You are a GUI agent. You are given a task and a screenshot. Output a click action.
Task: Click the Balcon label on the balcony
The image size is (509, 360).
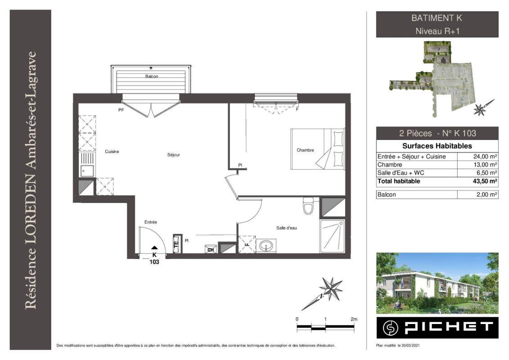click(x=152, y=76)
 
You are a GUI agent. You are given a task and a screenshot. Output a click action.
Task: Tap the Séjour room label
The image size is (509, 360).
click(x=173, y=155)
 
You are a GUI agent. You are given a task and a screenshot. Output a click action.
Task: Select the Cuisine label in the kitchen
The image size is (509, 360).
click(x=112, y=152)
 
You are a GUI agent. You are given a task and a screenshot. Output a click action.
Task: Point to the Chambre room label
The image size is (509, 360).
click(x=305, y=150)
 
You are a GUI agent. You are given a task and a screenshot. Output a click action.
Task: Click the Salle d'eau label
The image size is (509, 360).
click(x=286, y=228)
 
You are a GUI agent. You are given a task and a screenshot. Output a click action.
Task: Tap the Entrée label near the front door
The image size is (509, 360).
click(x=151, y=222)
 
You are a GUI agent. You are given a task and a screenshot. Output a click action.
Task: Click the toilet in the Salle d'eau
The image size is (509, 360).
click(x=308, y=206)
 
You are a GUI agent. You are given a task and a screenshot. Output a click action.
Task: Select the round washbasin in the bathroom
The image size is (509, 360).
click(x=266, y=246)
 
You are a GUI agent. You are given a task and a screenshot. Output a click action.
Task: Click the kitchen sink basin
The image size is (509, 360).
click(x=87, y=171)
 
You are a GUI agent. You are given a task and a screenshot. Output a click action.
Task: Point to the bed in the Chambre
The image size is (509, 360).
click(x=317, y=149)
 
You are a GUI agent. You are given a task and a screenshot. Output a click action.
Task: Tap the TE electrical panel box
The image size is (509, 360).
click(x=176, y=243)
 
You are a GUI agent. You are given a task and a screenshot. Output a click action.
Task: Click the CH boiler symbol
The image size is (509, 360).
click(x=210, y=249)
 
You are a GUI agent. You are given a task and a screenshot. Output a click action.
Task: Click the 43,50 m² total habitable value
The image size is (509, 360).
click(x=485, y=181)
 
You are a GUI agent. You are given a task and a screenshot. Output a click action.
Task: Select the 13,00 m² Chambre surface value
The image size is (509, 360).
click(x=485, y=165)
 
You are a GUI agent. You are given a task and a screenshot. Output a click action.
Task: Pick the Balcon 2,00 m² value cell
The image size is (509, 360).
click(x=477, y=194)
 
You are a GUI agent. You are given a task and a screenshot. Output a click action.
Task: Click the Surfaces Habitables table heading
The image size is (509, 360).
click(x=437, y=146)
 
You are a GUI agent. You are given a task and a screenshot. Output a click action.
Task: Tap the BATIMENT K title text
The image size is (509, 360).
click(x=437, y=18)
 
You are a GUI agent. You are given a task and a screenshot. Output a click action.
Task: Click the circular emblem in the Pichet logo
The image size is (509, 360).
click(x=390, y=328)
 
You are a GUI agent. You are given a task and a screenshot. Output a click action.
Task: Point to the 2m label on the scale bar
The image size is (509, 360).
click(x=354, y=319)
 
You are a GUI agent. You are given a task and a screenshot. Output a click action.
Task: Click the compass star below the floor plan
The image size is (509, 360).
click(x=330, y=288)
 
